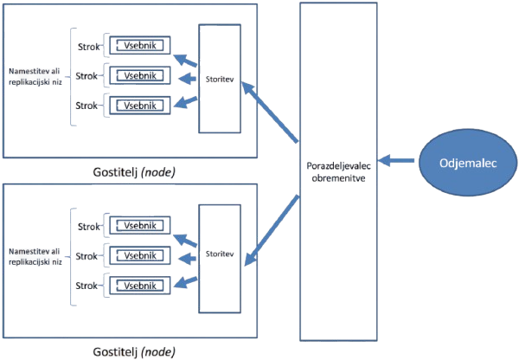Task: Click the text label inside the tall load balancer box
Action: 338,171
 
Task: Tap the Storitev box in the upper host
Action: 219,79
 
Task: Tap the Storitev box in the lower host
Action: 219,255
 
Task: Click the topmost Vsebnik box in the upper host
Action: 138,45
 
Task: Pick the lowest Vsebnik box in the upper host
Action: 138,106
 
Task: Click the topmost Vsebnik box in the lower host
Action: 138,225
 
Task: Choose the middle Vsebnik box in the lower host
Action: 138,254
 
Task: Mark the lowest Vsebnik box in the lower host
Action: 138,285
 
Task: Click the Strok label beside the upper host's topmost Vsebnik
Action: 85,45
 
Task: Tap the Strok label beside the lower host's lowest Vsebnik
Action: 85,286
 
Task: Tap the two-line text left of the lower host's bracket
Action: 33,254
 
